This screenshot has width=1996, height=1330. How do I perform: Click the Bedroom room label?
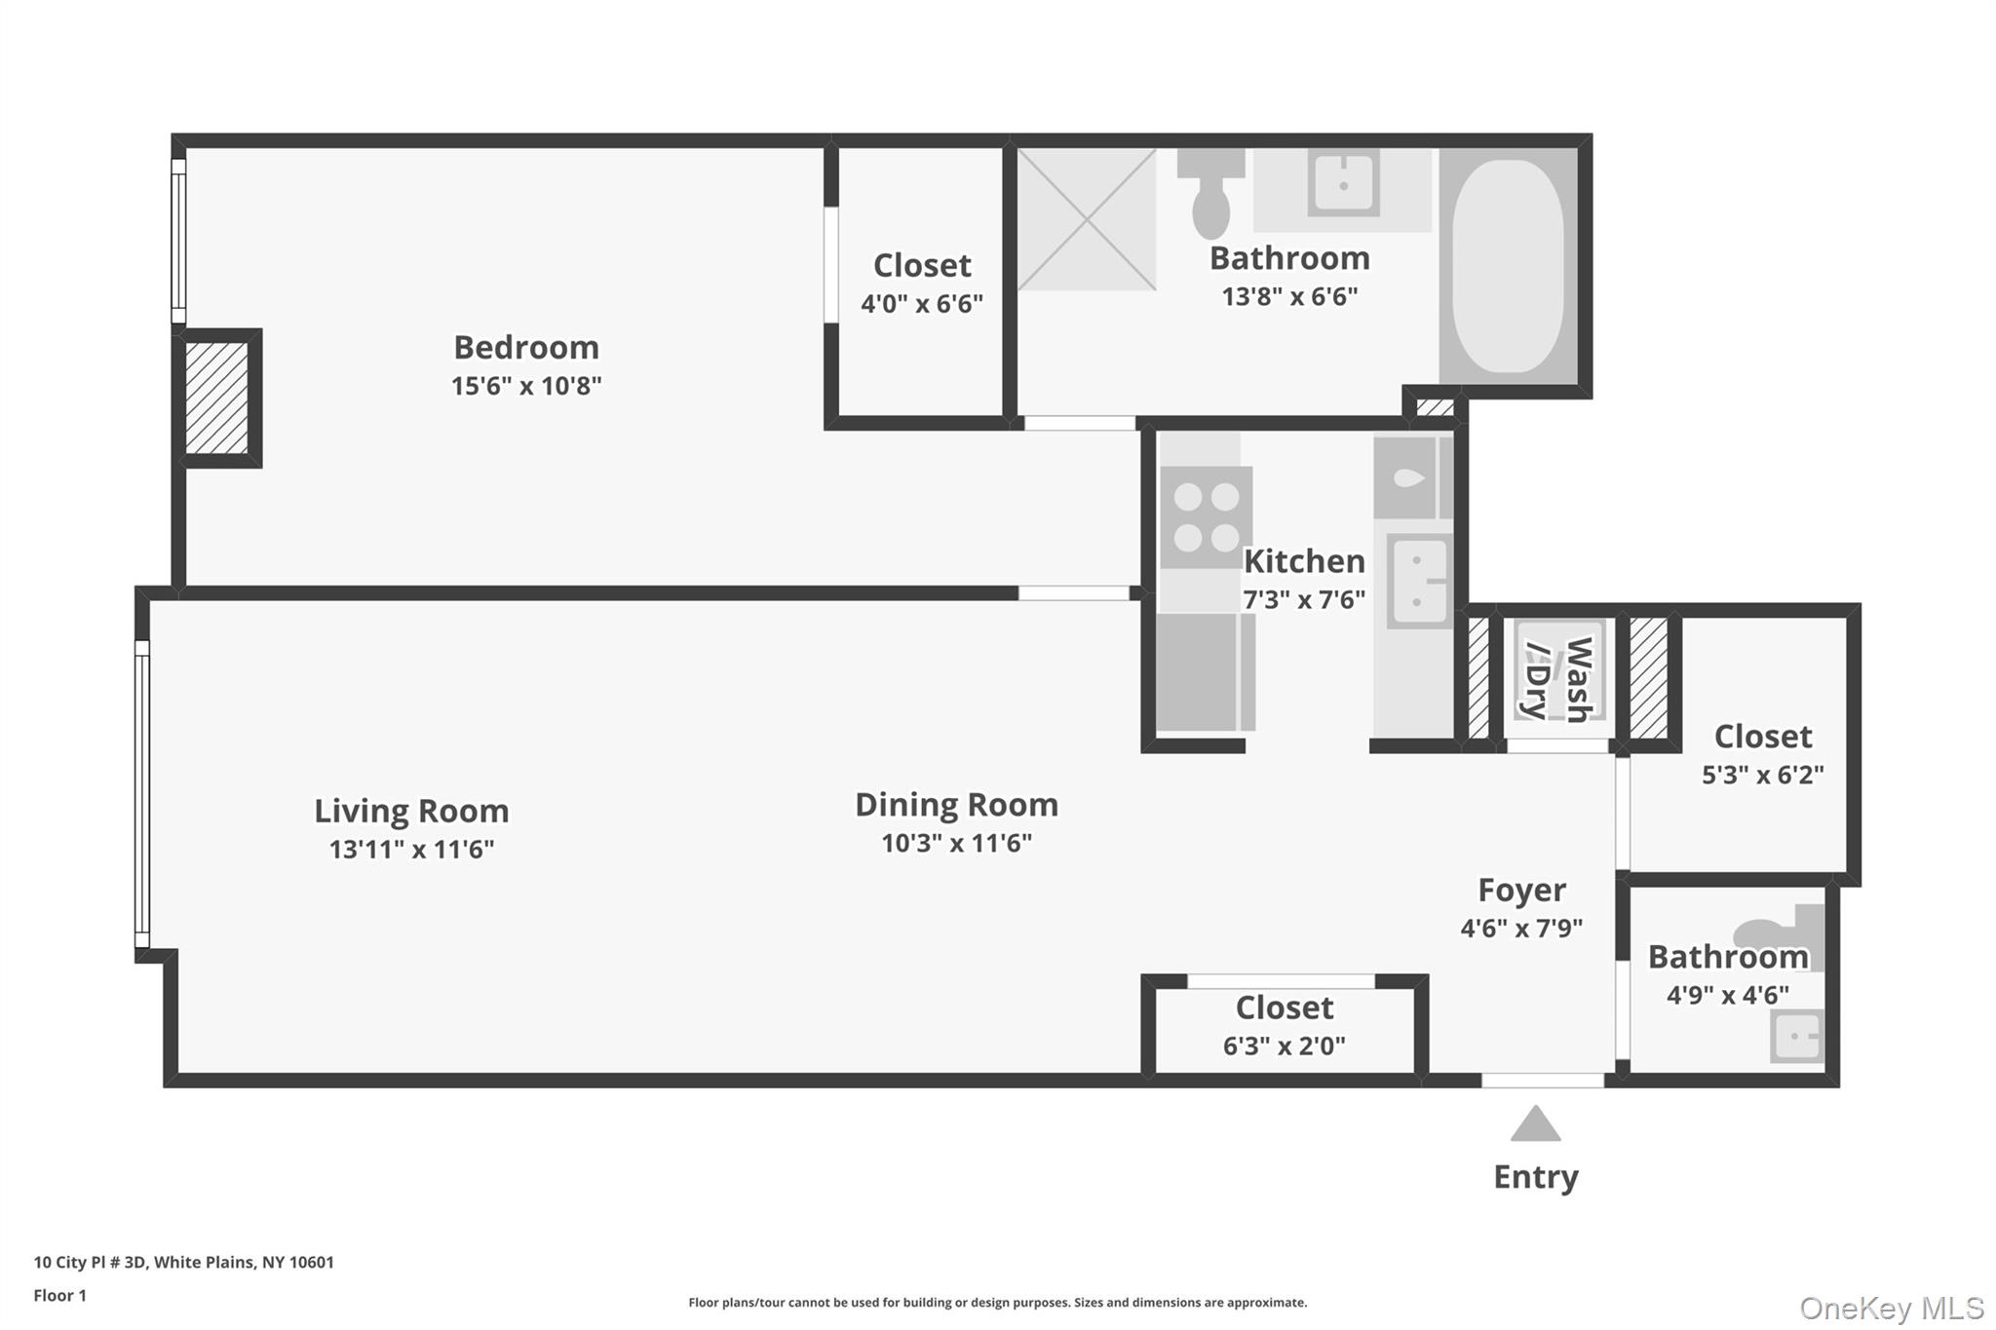tap(526, 347)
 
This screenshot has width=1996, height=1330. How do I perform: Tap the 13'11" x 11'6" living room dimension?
tap(411, 850)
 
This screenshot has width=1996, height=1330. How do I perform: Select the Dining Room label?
tap(956, 805)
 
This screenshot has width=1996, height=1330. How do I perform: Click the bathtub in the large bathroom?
tap(1507, 266)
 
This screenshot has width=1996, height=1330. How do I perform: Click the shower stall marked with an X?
tap(1087, 219)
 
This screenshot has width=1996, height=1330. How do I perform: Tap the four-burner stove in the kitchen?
tap(1206, 517)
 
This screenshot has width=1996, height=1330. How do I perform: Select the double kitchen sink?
tap(1418, 581)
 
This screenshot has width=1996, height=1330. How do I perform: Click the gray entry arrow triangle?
tap(1535, 1125)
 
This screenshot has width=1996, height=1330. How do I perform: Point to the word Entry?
tap(1535, 1177)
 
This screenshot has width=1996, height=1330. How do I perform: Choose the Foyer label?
tap(1521, 890)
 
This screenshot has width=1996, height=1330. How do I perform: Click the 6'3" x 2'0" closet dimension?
tap(1284, 1046)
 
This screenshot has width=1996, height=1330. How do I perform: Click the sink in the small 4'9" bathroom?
tap(1796, 1036)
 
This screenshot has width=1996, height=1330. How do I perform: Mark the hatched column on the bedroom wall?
tap(216, 398)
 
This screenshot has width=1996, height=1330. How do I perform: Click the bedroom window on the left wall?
tap(178, 241)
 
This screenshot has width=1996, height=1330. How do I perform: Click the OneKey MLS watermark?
tap(1891, 1308)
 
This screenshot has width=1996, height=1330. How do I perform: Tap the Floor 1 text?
tap(59, 1296)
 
